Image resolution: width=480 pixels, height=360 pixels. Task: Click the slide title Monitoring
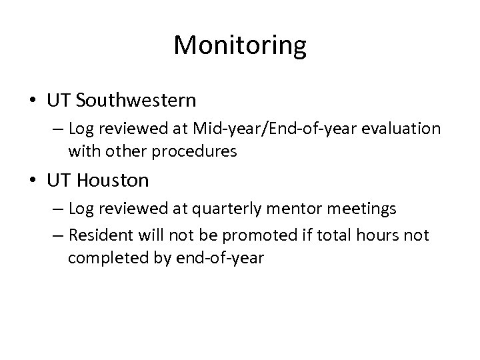coord(240,46)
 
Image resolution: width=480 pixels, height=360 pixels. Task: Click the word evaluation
coord(401,129)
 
